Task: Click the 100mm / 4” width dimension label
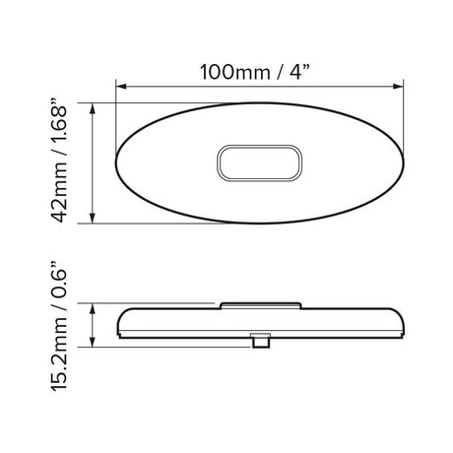pyautogui.click(x=255, y=72)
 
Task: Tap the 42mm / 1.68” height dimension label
pyautogui.click(x=59, y=160)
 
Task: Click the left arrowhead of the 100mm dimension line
pyautogui.click(x=121, y=87)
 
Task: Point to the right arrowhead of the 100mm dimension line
pyautogui.click(x=398, y=87)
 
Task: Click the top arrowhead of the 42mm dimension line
pyautogui.click(x=93, y=108)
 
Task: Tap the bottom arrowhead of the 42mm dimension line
pyautogui.click(x=93, y=218)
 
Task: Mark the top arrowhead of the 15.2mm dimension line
pyautogui.click(x=93, y=309)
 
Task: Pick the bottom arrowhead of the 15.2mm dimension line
pyautogui.click(x=93, y=342)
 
